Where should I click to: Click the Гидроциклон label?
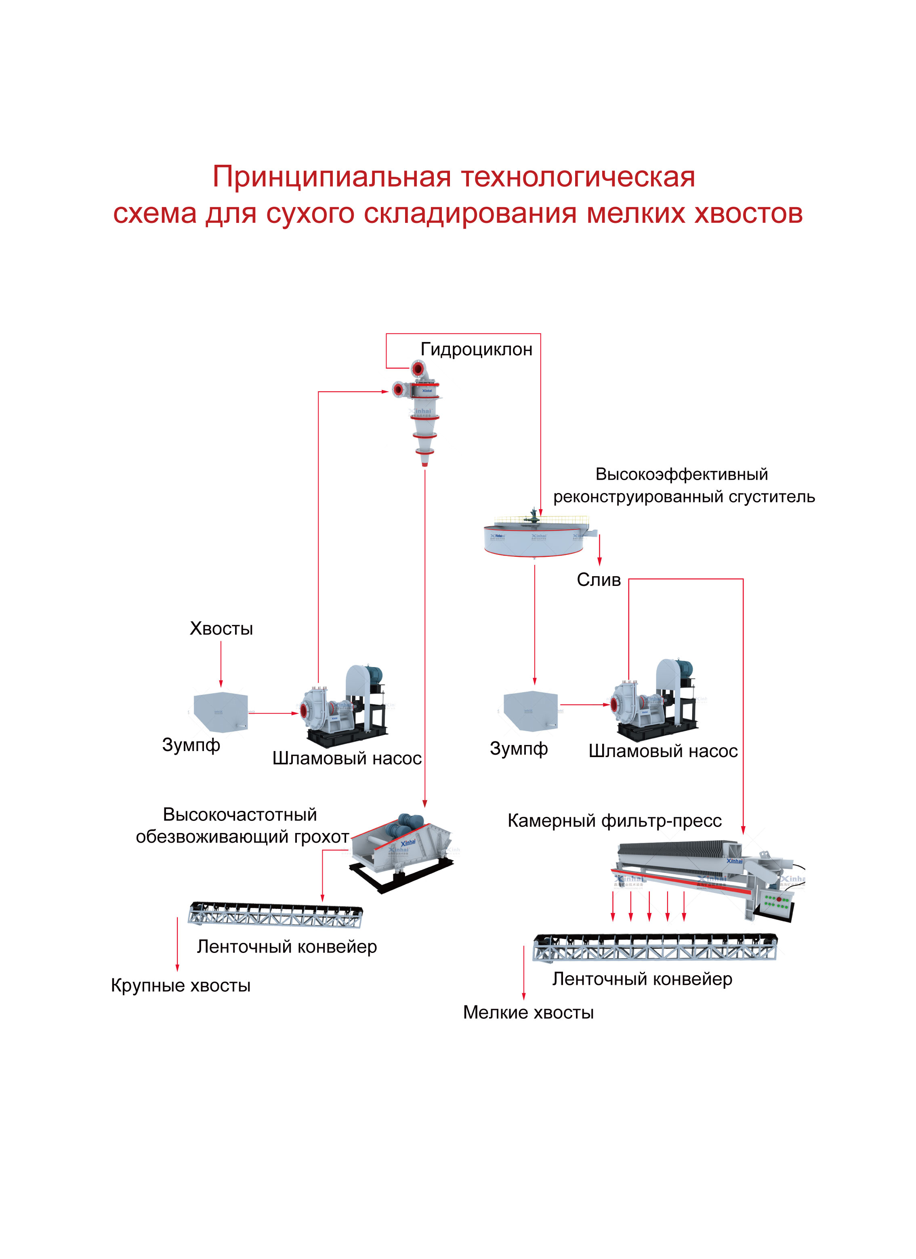[x=476, y=349]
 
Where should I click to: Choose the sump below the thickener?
[x=530, y=711]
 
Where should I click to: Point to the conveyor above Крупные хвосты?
[x=275, y=914]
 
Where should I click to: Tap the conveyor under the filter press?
[x=655, y=946]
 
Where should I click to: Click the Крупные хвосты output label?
[x=181, y=985]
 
